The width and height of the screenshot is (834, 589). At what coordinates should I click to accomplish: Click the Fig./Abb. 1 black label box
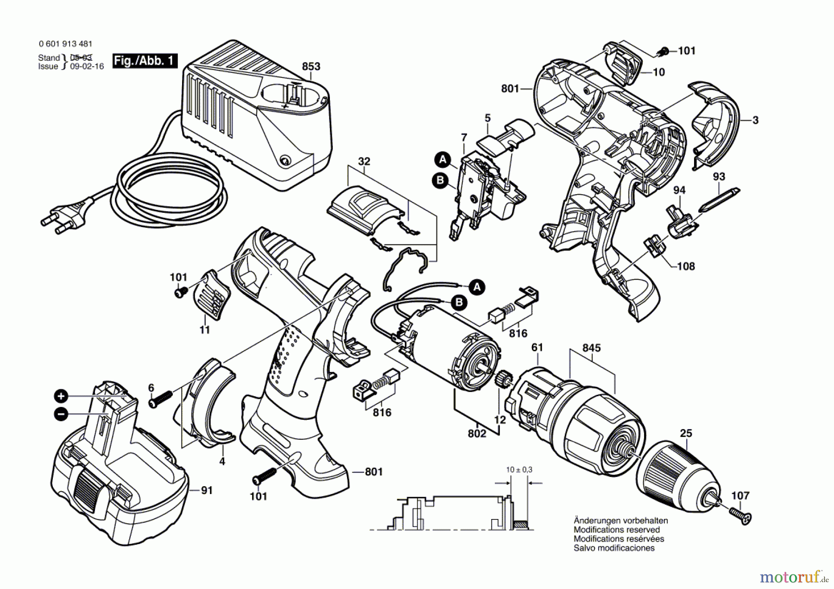click(145, 61)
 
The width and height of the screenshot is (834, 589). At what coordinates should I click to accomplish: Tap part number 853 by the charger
click(311, 66)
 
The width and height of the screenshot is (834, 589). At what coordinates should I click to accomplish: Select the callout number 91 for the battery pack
click(207, 490)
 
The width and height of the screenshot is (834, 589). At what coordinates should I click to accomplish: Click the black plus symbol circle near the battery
click(61, 396)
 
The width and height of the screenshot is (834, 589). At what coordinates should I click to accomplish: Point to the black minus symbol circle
click(61, 414)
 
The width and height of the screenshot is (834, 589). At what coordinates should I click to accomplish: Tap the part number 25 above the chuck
click(686, 433)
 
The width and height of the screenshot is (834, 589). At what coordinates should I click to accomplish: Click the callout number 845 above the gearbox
click(592, 348)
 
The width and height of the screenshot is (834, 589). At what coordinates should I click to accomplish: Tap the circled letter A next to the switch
click(443, 160)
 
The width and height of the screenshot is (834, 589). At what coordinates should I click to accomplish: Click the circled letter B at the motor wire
click(459, 303)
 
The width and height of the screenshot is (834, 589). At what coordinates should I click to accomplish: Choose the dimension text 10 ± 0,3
click(519, 470)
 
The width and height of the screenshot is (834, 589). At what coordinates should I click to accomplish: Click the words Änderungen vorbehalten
click(620, 520)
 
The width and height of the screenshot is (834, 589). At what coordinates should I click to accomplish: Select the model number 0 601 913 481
click(65, 44)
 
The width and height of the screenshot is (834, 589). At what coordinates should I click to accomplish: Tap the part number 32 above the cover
click(364, 161)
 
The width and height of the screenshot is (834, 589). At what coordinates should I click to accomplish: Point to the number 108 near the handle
click(686, 266)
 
